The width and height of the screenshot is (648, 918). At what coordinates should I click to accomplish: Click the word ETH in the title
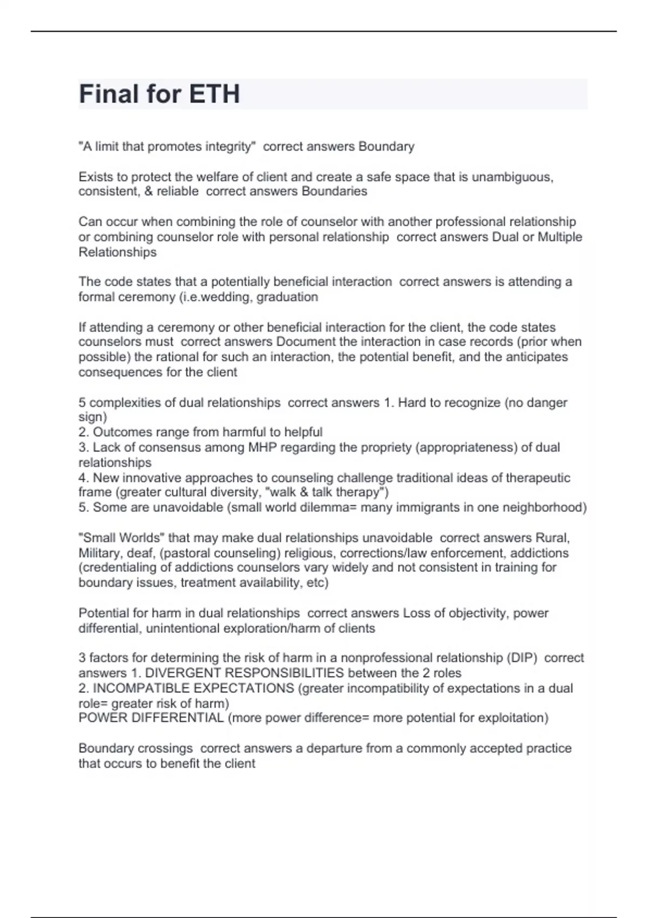click(214, 94)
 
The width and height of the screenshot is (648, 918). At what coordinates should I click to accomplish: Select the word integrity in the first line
click(230, 146)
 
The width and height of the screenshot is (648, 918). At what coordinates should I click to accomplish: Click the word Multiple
click(560, 237)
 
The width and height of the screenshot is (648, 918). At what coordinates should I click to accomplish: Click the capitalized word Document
click(303, 342)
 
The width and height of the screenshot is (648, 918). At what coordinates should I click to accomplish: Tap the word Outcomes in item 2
click(123, 432)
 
